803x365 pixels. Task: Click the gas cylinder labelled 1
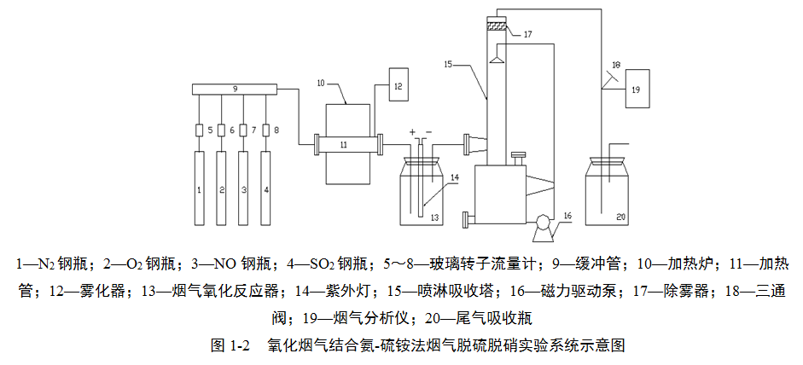tap(199, 188)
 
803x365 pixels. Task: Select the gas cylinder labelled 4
tap(267, 188)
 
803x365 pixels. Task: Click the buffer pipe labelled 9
tap(236, 89)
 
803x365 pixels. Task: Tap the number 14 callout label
tap(455, 177)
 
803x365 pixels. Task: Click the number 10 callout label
tap(321, 84)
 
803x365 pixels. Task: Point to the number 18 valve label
tap(616, 64)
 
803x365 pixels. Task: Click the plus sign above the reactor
tap(413, 133)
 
